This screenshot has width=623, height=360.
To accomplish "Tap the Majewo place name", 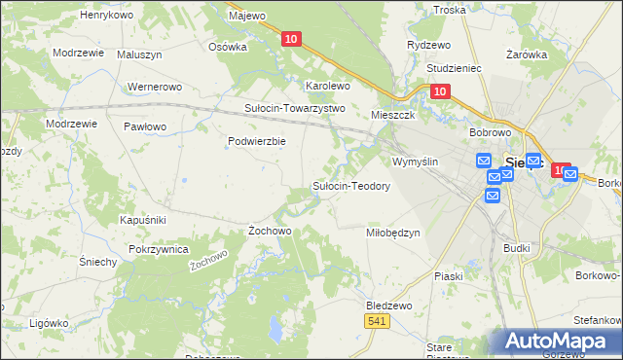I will [x=246, y=16].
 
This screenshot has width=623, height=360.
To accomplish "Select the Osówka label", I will [x=229, y=46].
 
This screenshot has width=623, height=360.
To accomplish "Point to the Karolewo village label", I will [x=328, y=86].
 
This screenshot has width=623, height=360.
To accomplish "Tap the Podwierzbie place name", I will [x=256, y=141].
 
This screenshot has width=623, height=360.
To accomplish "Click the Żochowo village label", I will [x=270, y=231].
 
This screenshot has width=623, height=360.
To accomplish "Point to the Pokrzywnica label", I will [x=157, y=249].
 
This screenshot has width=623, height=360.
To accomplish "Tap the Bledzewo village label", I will [x=389, y=305].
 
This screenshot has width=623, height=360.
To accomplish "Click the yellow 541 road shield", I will [x=378, y=320].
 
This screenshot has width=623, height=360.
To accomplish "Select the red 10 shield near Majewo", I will [x=291, y=39].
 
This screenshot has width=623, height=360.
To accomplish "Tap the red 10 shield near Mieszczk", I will [x=439, y=91].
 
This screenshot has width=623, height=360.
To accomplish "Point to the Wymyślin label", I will [x=416, y=161].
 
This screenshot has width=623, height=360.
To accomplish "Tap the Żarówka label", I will [x=528, y=55].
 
